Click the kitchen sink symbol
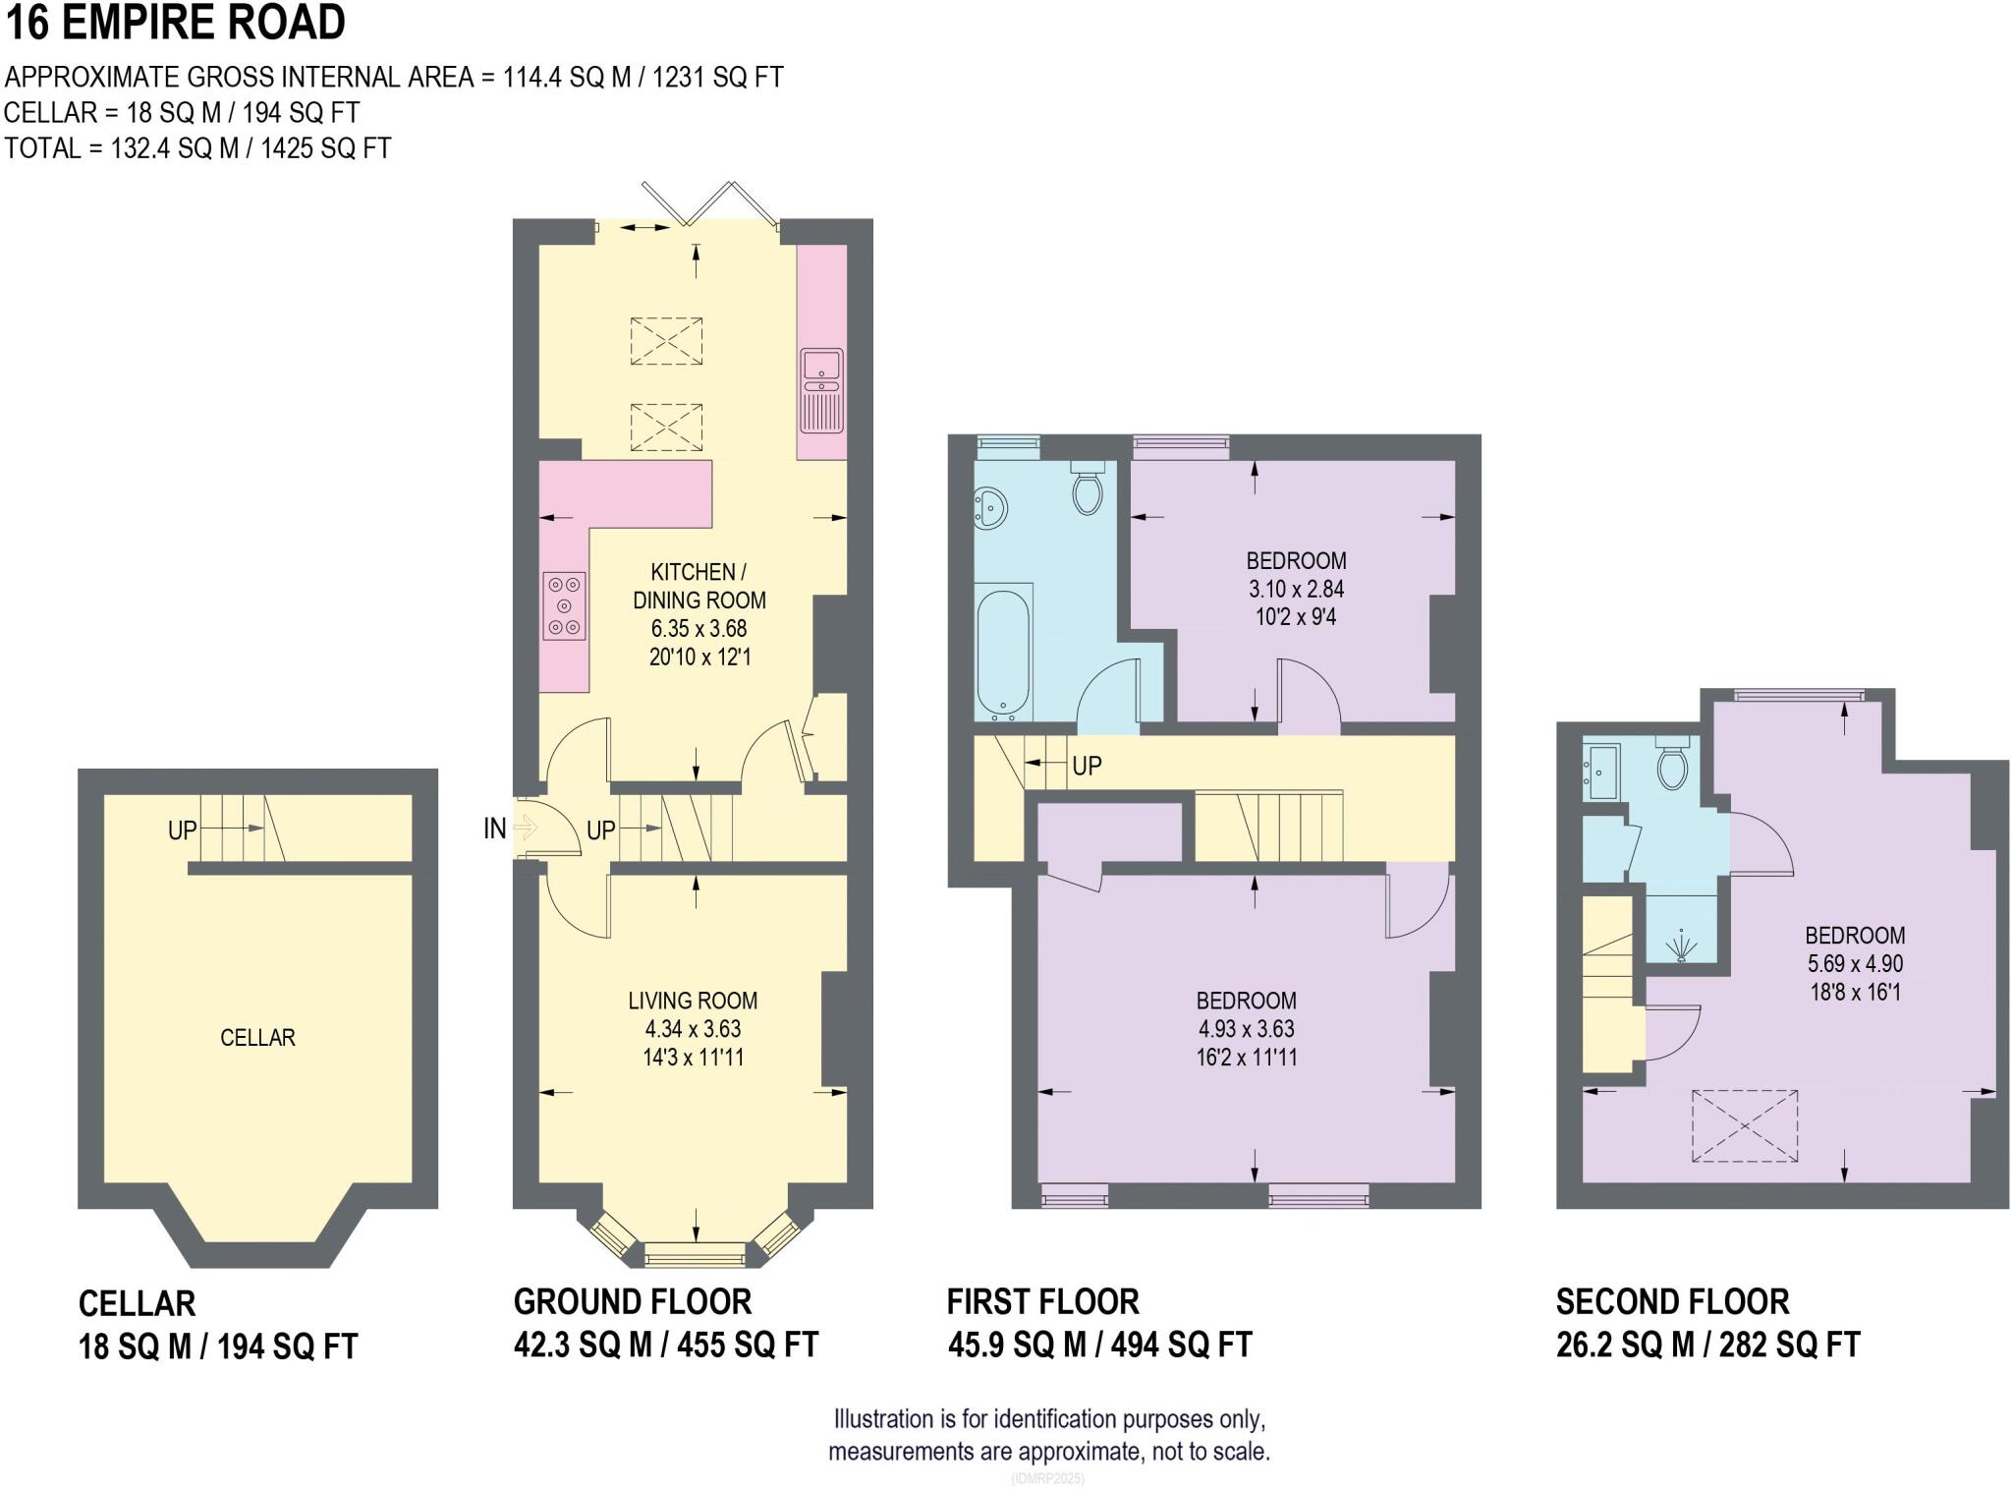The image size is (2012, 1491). [x=821, y=389]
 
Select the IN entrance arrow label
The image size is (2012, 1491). [x=494, y=829]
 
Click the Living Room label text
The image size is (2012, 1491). [x=693, y=1001]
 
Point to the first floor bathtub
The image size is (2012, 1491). [x=1003, y=650]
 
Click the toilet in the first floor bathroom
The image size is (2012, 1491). [x=1088, y=488]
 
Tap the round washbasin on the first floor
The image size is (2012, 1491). [x=991, y=508]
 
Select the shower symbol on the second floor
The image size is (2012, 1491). [x=1682, y=946]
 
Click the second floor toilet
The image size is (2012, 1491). [x=1672, y=766]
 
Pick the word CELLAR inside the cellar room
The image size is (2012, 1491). [x=257, y=1037]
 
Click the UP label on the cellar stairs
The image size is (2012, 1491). [x=183, y=831]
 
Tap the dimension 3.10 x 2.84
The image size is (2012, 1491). [x=1296, y=589]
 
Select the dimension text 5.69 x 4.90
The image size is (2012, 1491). [x=1855, y=963]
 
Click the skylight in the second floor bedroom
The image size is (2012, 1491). [x=1745, y=1125]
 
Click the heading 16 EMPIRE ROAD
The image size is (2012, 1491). [x=177, y=23]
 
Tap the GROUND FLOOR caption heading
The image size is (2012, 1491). [x=633, y=1301]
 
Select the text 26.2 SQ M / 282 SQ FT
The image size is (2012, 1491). [x=1707, y=1344]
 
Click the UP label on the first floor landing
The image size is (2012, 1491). [x=1087, y=765]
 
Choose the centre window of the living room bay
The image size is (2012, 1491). [x=695, y=1255]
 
